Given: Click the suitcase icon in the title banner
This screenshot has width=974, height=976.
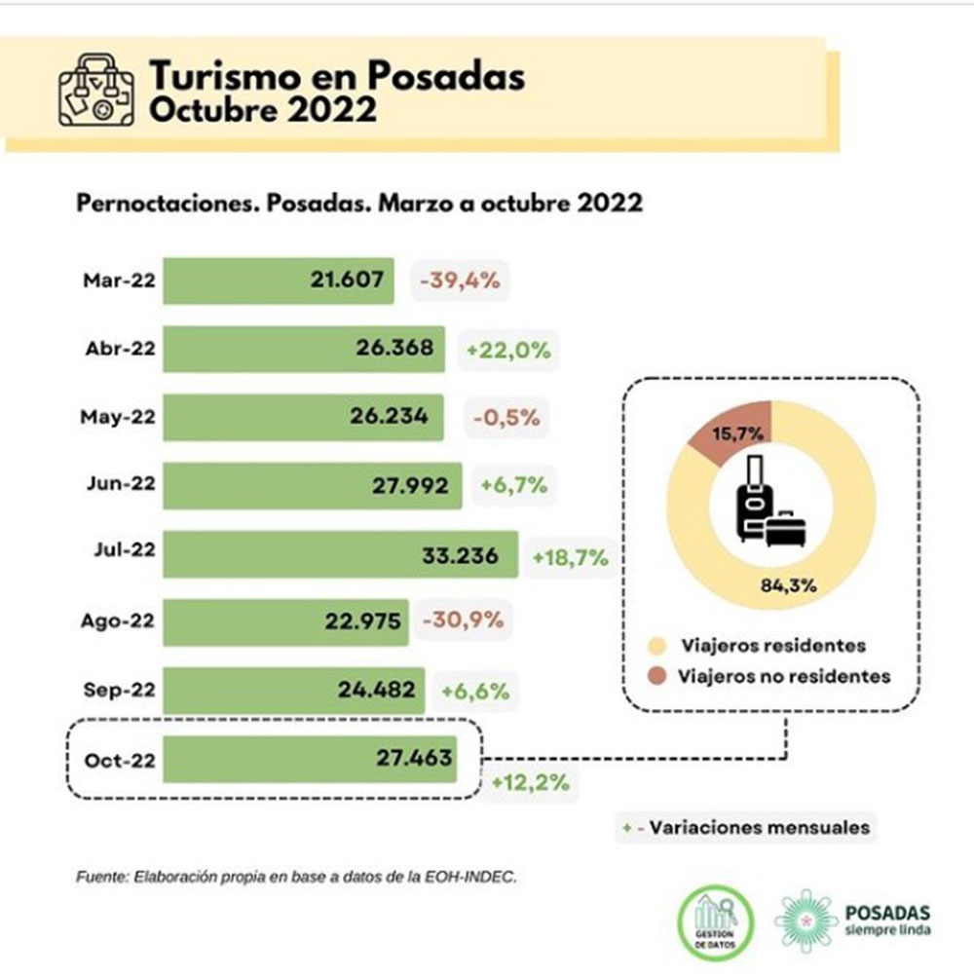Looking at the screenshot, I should tap(95, 91).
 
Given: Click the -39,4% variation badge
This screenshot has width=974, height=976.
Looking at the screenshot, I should tap(460, 281).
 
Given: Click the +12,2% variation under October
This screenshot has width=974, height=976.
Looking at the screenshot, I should tap(530, 783).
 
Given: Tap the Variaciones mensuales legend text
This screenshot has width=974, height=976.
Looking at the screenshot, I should tap(759, 828).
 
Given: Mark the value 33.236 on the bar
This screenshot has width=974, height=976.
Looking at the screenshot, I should tap(460, 555).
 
